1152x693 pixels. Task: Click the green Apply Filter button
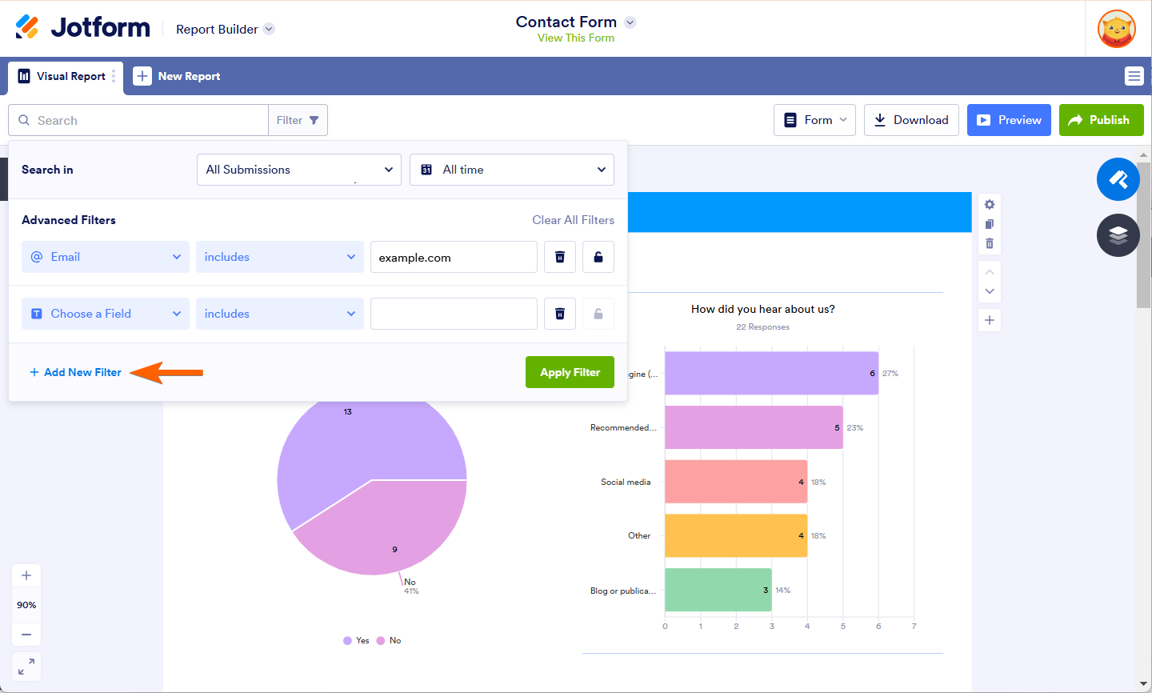coord(570,372)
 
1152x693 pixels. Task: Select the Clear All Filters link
coord(573,220)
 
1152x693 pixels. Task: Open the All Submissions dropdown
coord(298,170)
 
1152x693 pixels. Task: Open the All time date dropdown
coord(511,170)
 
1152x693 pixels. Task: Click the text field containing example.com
coord(453,258)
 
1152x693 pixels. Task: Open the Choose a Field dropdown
coord(105,314)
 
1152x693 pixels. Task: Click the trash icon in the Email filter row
coord(560,258)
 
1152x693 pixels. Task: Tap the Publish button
coord(1101,120)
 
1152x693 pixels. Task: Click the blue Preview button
coord(1008,120)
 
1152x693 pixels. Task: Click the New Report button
coord(177,77)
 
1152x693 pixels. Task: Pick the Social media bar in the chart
coord(735,482)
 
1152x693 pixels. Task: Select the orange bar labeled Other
coord(735,535)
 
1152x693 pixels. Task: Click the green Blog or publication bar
coord(718,590)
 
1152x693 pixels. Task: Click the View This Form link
coord(576,38)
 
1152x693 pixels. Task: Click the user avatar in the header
coord(1117,29)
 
